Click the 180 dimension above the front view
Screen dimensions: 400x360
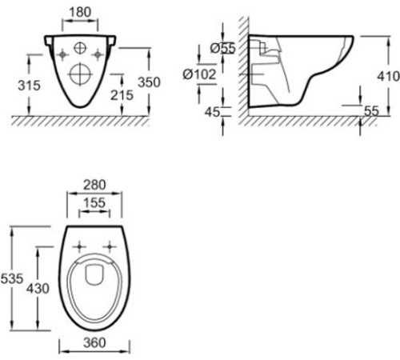click(80, 12)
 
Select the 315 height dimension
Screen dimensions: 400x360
click(29, 86)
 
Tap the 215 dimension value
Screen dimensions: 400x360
click(122, 95)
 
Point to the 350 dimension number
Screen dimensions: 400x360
click(149, 82)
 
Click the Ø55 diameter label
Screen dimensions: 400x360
click(223, 48)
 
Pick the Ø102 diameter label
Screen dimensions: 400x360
click(199, 74)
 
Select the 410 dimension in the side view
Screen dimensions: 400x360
click(388, 77)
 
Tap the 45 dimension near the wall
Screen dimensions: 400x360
click(212, 112)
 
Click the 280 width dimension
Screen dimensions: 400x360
click(94, 185)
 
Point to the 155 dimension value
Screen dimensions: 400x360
click(94, 203)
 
